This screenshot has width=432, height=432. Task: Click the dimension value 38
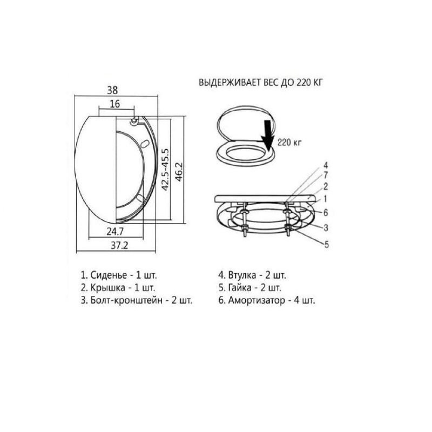pyautogui.click(x=113, y=90)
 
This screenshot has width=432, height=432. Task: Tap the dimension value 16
pyautogui.click(x=115, y=104)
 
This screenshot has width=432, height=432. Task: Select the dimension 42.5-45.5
pyautogui.click(x=165, y=170)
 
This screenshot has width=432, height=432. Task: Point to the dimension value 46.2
pyautogui.click(x=179, y=172)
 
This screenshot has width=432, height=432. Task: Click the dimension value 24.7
pyautogui.click(x=115, y=232)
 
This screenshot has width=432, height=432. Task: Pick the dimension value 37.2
pyautogui.click(x=119, y=245)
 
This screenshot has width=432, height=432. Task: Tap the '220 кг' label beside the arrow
pyautogui.click(x=289, y=143)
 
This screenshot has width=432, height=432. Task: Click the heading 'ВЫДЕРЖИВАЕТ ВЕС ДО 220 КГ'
pyautogui.click(x=260, y=83)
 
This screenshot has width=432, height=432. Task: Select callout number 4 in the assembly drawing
pyautogui.click(x=326, y=165)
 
